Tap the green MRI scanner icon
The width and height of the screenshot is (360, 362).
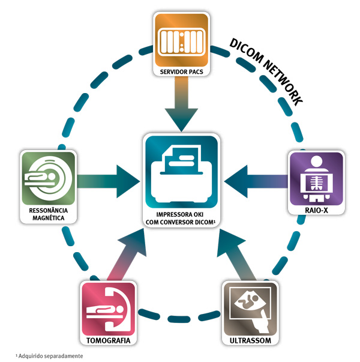tap(47, 178)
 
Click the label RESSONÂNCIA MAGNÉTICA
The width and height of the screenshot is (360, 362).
tap(48, 214)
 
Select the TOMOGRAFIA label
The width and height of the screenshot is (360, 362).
tap(108, 340)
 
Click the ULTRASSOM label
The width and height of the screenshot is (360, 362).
tap(250, 340)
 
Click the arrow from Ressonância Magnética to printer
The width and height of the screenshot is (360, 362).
tap(108, 179)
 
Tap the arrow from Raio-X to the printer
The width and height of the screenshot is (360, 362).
tap(254, 178)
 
